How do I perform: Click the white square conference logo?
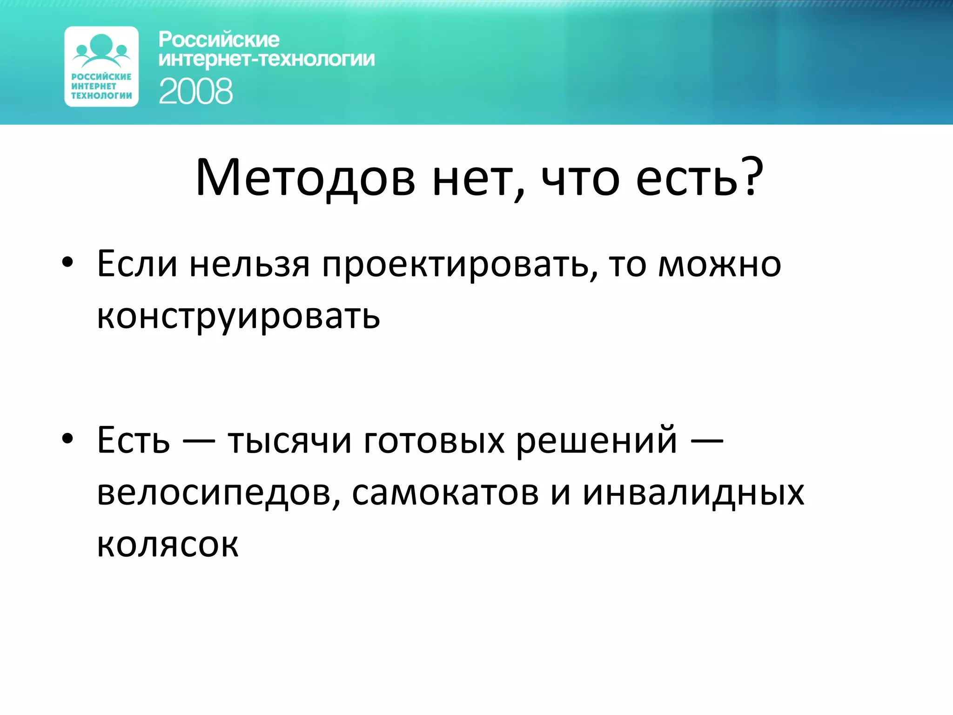101,67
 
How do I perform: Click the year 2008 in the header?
195,91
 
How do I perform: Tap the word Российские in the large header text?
219,40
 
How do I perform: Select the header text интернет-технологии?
266,60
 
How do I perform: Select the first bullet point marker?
67,263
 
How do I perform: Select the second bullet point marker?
67,438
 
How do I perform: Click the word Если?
137,264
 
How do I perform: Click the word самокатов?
445,492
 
